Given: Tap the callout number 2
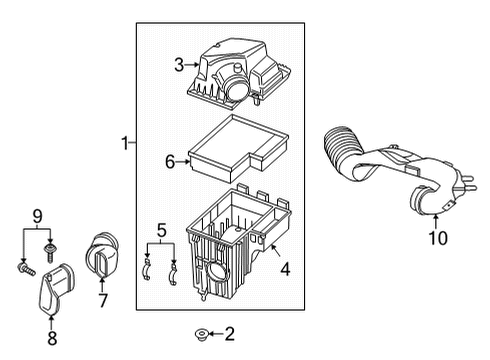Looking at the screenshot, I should tap(228, 333).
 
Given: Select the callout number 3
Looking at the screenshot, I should tap(179, 67).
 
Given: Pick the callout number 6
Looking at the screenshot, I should tap(169, 160).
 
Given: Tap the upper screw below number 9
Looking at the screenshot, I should tap(50, 245).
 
